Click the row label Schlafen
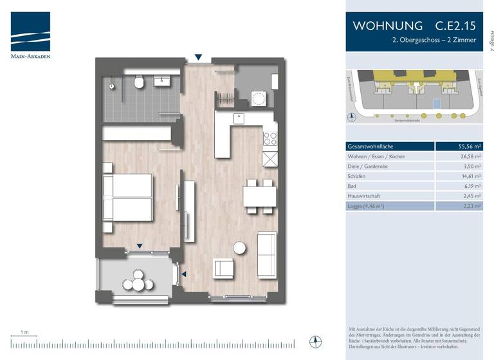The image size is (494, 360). point(357,175)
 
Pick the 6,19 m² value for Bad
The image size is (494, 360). point(473,186)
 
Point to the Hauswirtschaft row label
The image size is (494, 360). point(365,195)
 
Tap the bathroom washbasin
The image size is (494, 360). point(161,80)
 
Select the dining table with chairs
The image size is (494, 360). point(259,195)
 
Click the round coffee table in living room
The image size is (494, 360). point(240,248)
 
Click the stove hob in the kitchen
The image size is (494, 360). point(270,138)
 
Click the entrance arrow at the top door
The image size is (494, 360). point(199,58)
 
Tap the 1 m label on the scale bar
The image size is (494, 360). point(24,332)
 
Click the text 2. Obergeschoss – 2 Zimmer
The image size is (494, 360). point(434,40)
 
